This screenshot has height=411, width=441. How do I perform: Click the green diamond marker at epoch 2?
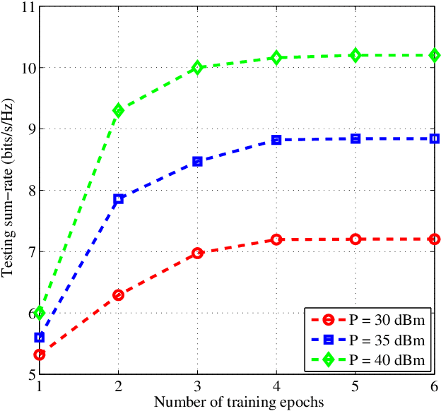118,110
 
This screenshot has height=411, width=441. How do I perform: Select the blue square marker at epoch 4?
276,140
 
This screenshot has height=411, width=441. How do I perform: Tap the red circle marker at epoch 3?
197,253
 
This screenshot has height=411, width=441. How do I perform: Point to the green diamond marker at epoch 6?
435,55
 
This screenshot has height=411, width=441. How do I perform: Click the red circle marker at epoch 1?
40,355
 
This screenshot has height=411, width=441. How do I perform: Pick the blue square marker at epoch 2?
118,199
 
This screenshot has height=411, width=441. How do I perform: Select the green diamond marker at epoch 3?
197,68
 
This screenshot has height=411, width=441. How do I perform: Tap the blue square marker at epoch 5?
355,138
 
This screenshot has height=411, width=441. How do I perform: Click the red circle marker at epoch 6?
435,239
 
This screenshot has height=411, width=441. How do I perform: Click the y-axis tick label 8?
30,191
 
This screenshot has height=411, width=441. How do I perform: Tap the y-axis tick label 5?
30,374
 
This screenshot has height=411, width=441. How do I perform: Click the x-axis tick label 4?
276,387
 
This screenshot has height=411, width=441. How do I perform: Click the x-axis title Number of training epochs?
237,402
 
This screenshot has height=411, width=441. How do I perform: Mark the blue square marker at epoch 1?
40,338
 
